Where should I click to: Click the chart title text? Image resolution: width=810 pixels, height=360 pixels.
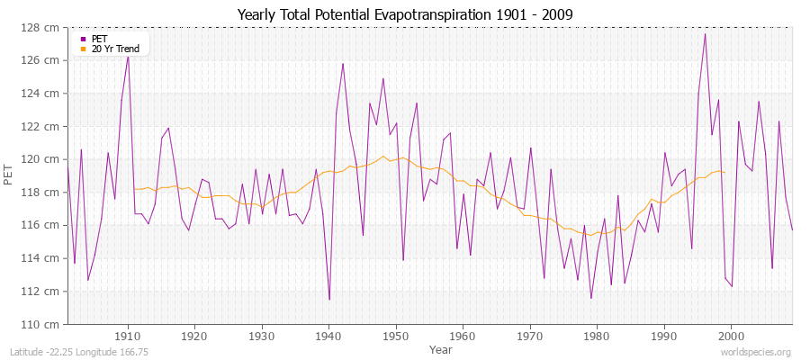tap(404, 15)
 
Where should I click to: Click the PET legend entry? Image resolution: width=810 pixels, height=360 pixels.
tap(98, 39)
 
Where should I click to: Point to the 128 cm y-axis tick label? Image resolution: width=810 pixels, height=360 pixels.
tap(42, 27)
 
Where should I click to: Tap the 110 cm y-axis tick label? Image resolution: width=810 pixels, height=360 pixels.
tap(42, 324)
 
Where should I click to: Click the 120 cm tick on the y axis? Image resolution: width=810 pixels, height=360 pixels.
tap(42, 159)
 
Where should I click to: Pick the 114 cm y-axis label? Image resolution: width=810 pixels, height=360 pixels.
tap(42, 258)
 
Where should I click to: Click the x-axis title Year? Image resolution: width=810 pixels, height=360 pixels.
tap(441, 348)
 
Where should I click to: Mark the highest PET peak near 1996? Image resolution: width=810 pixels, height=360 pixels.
tap(705, 34)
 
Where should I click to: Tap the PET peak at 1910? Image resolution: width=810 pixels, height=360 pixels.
tap(128, 56)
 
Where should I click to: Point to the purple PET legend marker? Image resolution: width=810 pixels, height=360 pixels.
tap(84, 39)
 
